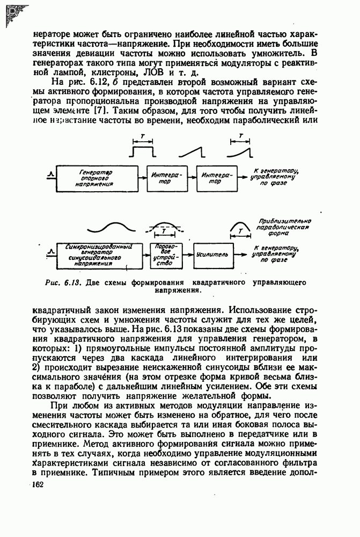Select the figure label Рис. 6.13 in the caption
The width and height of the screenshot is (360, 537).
63,282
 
